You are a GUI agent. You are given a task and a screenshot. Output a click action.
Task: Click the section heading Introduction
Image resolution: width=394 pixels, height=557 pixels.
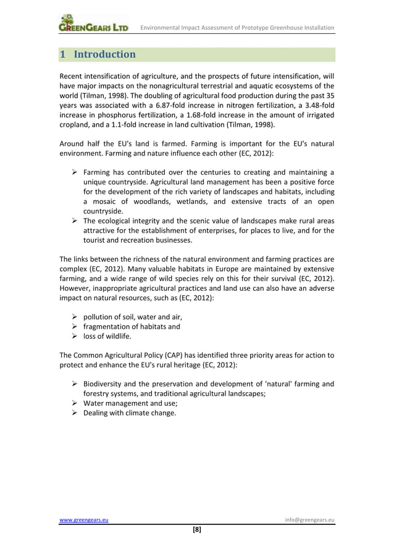click(104, 54)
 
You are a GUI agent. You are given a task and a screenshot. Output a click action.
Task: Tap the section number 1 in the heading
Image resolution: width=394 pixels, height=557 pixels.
click(62, 54)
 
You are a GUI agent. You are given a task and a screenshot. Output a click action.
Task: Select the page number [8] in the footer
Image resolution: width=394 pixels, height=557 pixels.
click(197, 529)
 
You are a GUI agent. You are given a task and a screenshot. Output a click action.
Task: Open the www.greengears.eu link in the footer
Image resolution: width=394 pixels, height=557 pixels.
click(84, 519)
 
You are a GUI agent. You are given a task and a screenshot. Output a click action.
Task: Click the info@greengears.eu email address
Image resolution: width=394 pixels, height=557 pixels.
click(309, 519)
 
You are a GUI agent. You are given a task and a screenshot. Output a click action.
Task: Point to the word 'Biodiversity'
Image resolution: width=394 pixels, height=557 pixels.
click(106, 384)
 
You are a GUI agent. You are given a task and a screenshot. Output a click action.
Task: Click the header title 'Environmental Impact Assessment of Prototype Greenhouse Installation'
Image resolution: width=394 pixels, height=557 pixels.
click(238, 28)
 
